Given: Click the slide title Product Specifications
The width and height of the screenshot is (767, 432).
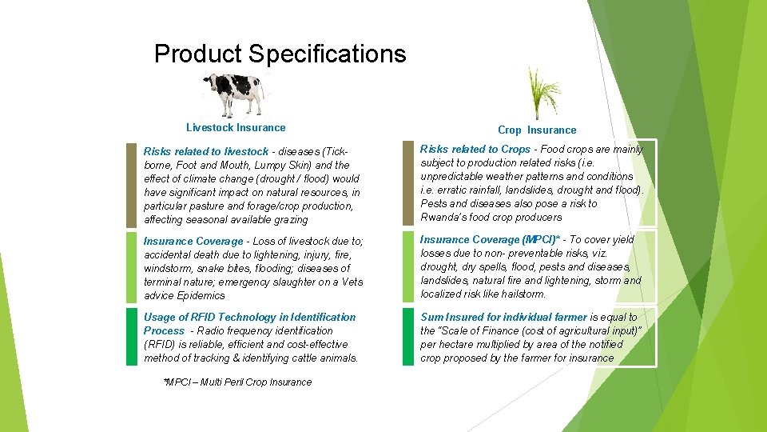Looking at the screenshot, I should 280,54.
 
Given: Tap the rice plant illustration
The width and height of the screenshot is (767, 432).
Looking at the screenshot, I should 536,93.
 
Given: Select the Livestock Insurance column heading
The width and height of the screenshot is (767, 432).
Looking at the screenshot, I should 236,127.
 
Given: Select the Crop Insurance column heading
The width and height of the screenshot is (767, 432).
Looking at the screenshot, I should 536,130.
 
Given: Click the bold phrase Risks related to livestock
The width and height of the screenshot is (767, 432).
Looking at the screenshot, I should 205,151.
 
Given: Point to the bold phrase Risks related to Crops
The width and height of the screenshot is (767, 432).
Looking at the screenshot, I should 475,149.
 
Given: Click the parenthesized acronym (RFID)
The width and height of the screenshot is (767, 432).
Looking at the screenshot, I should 161,344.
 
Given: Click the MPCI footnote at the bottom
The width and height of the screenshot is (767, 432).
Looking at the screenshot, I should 236,382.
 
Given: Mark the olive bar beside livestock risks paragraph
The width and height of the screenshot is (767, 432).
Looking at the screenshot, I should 132,185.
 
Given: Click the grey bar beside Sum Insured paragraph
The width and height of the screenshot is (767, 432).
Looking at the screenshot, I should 408,337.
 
